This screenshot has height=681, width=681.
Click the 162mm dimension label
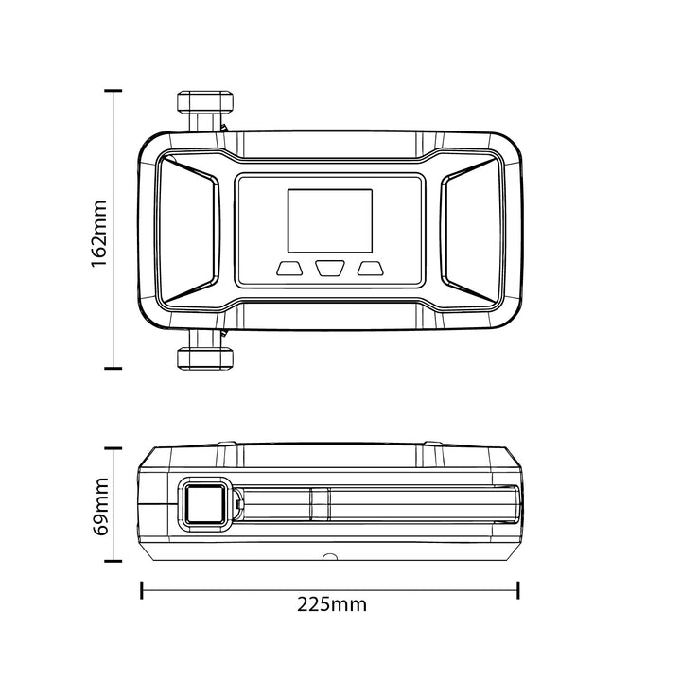[99, 234]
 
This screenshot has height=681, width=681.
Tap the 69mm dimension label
[101, 506]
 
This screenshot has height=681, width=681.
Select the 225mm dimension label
[332, 604]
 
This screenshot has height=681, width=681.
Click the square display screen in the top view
[330, 220]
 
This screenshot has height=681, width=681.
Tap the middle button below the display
[330, 268]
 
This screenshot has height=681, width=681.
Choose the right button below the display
[371, 268]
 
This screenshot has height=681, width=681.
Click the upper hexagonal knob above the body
[205, 101]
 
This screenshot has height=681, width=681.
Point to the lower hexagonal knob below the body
[205, 358]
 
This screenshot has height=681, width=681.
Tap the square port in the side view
[204, 504]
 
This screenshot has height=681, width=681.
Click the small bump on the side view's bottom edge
[330, 556]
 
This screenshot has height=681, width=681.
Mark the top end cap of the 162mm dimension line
[113, 91]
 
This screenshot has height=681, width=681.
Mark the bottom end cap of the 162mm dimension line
[113, 368]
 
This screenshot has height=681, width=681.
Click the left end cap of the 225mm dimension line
[142, 590]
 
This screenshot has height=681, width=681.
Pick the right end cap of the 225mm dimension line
[518, 590]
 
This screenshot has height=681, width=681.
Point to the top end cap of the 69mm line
[113, 448]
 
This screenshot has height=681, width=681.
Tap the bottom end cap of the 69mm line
[113, 561]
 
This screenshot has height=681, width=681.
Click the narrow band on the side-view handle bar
[321, 504]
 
